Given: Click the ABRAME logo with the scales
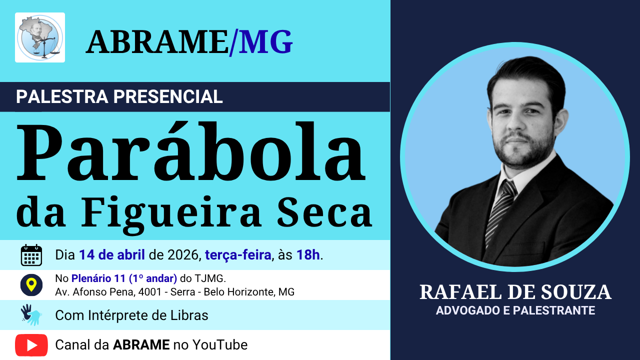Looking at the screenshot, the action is tap(40, 37).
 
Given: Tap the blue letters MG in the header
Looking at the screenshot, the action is tap(265, 42).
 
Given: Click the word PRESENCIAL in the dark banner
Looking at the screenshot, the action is tap(168, 96).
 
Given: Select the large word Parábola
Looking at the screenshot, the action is tap(191, 152).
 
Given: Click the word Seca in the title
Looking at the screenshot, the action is tap(324, 211).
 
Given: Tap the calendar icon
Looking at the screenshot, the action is tap(31, 255).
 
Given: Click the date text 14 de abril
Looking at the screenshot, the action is tap(112, 255).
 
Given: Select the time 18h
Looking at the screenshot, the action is tap(308, 255).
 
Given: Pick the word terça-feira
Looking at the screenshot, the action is tap(238, 255).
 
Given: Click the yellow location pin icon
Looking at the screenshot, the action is tap(31, 285).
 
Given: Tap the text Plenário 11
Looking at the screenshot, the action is tap(98, 278).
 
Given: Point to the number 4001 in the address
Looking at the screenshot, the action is tap(150, 292).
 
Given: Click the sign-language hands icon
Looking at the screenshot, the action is tap(31, 315).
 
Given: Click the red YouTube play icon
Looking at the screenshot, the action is tap(31, 345).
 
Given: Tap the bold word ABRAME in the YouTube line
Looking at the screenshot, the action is tap(141, 345).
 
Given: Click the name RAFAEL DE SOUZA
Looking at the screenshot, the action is tap(515, 292).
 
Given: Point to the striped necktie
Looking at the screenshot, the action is tap(500, 211).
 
